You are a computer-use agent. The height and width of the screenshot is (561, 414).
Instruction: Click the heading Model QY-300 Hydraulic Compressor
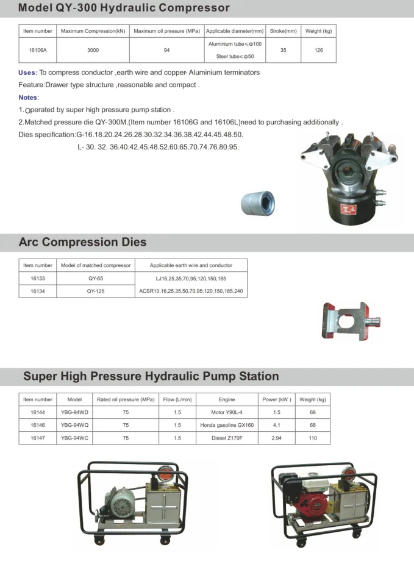tap(124, 9)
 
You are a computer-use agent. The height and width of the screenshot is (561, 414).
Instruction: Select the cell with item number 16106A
tap(38, 50)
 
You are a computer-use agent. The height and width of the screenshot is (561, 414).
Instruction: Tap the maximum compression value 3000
tap(93, 50)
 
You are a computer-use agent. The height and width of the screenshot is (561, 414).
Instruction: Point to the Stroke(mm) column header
tap(283, 30)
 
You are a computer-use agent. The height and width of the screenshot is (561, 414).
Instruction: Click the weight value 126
tap(318, 50)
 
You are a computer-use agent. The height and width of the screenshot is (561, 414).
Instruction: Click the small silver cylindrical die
tap(258, 201)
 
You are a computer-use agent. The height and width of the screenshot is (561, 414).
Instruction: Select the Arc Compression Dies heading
tap(83, 242)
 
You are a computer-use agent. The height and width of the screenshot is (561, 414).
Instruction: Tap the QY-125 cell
tap(96, 291)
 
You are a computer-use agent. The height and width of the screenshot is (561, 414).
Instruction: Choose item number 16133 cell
tap(38, 278)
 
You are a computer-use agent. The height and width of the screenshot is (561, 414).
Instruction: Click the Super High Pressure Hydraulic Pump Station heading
tap(151, 376)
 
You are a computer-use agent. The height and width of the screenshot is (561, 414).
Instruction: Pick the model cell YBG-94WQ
tap(74, 425)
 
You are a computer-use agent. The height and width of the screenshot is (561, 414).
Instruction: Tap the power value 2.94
tap(277, 438)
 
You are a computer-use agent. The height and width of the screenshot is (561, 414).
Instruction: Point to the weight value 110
tap(313, 438)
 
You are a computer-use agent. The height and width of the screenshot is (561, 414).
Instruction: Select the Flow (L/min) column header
tap(177, 399)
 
